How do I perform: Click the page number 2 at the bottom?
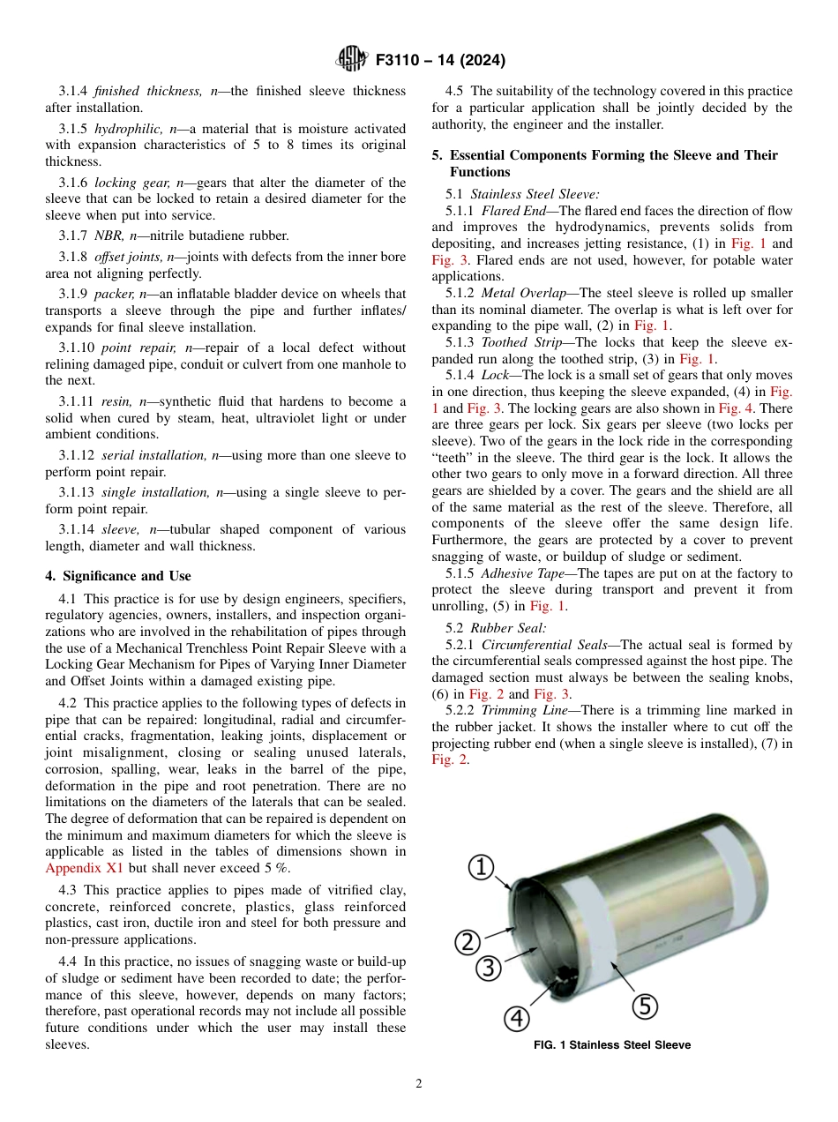pos(419,1084)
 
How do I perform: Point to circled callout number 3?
pos(488,968)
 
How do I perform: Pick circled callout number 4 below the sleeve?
pos(517,1018)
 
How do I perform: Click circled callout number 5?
pos(645,1005)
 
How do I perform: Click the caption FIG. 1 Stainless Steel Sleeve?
pos(611,1045)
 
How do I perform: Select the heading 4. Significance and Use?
pos(118,576)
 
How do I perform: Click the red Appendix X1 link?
pos(84,868)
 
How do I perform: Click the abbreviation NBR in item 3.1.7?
pos(108,236)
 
